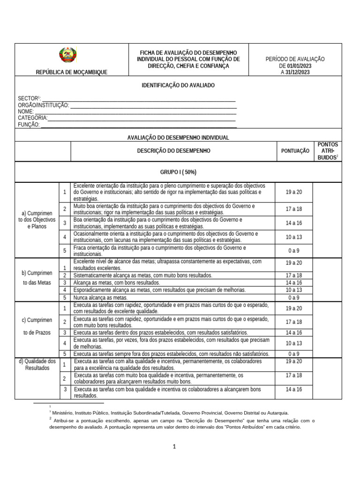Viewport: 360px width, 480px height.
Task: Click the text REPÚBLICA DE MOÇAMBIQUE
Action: pyautogui.click(x=71, y=72)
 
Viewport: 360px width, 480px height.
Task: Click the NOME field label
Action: pyautogui.click(x=26, y=112)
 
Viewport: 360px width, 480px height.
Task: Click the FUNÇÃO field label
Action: pyautogui.click(x=29, y=125)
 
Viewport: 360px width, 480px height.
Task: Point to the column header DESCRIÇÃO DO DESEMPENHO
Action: pyautogui.click(x=173, y=151)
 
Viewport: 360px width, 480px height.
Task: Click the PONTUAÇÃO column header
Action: pyautogui.click(x=295, y=151)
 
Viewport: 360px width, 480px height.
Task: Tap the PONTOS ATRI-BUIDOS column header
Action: pyautogui.click(x=327, y=151)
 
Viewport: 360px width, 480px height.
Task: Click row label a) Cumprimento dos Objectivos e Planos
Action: pyautogui.click(x=37, y=219)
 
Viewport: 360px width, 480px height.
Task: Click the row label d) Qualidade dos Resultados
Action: pyautogui.click(x=37, y=364)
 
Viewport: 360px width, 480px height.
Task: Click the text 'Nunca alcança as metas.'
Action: pyautogui.click(x=101, y=297)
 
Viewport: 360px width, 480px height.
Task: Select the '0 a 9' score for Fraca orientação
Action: pyautogui.click(x=294, y=251)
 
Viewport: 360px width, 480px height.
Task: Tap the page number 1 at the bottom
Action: pyautogui.click(x=174, y=447)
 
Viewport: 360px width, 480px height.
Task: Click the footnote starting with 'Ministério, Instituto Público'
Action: pyautogui.click(x=171, y=413)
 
